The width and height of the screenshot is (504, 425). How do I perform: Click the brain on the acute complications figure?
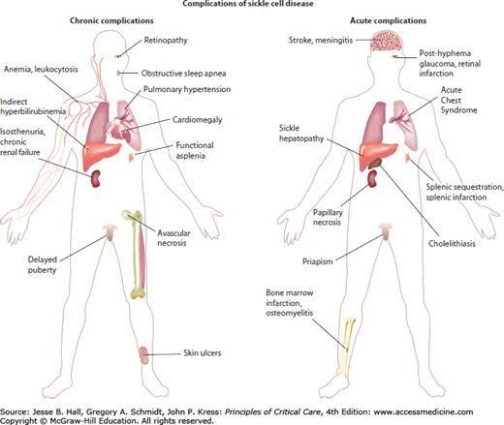click(387, 41)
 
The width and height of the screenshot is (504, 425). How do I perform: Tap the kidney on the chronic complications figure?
click(95, 179)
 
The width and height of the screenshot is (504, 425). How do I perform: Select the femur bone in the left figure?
click(137, 255)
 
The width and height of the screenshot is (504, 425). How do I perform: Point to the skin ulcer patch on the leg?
click(143, 355)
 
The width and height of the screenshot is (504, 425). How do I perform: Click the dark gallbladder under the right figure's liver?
click(375, 164)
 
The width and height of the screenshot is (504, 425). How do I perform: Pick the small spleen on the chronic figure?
click(131, 158)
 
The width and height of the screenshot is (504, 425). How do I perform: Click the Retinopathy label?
click(166, 41)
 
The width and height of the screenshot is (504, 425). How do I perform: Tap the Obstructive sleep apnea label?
click(183, 74)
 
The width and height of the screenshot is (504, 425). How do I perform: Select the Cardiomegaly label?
click(197, 120)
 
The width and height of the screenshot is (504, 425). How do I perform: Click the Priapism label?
click(317, 261)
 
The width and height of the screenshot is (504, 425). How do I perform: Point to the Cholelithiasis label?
click(452, 243)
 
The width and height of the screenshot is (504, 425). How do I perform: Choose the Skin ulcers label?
click(203, 352)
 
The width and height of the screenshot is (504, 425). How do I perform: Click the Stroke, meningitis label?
click(321, 41)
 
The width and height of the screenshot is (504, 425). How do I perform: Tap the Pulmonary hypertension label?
click(187, 89)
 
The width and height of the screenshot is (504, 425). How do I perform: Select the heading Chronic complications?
click(111, 20)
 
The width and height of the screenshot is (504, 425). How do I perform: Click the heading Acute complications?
click(388, 20)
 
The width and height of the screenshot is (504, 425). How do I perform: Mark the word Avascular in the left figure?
click(173, 233)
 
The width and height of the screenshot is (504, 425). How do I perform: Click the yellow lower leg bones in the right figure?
click(346, 348)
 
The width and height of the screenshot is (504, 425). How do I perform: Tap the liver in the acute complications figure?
click(378, 155)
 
